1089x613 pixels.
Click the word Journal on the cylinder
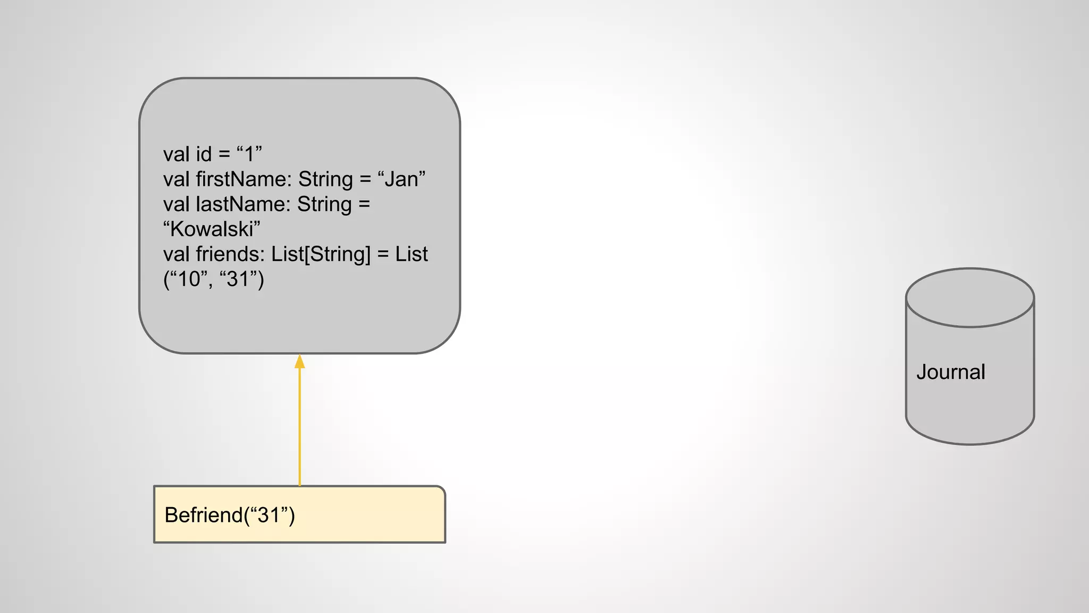click(950, 372)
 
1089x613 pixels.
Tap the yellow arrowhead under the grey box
click(300, 362)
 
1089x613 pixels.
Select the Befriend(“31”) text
click(230, 515)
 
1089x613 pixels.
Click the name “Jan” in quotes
click(401, 179)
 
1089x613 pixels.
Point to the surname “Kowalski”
click(212, 229)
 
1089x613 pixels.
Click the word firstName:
click(244, 179)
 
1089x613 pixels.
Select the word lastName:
click(243, 204)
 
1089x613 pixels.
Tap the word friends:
click(230, 254)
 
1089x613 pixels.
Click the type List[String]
click(321, 254)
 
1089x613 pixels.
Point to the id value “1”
click(249, 154)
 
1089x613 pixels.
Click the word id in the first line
click(204, 154)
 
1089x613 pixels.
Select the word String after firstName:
click(325, 179)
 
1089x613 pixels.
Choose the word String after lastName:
click(324, 204)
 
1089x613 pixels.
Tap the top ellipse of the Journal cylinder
click(970, 297)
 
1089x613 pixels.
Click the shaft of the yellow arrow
click(300, 426)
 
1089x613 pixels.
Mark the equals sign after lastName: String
click(364, 204)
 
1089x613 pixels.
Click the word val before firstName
click(176, 179)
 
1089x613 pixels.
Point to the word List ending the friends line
click(411, 254)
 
